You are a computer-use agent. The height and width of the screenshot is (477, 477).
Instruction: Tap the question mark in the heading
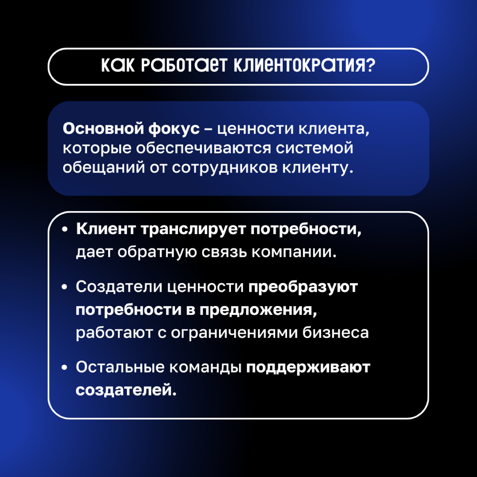click(x=371, y=66)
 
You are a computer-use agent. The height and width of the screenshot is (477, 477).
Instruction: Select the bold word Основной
click(x=103, y=129)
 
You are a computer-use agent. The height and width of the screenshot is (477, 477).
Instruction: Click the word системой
click(x=314, y=148)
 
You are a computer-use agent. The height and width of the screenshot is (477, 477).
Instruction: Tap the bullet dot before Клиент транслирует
click(x=65, y=231)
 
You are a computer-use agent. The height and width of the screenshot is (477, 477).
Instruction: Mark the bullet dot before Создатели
click(x=65, y=287)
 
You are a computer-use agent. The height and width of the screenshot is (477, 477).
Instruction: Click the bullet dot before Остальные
click(x=65, y=368)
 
